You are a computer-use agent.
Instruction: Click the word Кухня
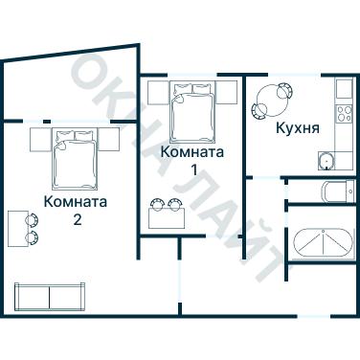(x=297, y=127)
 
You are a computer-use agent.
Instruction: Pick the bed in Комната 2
(x=75, y=159)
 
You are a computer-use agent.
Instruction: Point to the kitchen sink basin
(x=328, y=160)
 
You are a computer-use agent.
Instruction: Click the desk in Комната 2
(x=17, y=228)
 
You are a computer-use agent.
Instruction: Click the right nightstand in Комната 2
(x=110, y=138)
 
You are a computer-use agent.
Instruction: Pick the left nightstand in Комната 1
(x=159, y=93)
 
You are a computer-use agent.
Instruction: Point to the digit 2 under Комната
(x=76, y=219)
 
